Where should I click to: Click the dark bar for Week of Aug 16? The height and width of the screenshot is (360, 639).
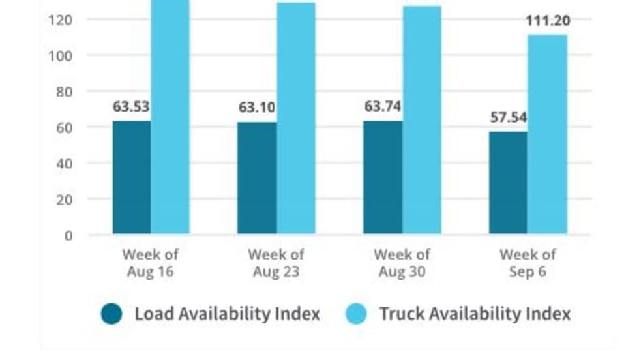click(131, 177)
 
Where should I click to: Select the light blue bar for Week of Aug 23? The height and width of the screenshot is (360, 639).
click(296, 118)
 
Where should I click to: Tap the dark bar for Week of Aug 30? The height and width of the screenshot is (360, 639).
click(383, 177)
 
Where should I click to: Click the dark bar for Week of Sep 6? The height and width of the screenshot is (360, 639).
click(508, 183)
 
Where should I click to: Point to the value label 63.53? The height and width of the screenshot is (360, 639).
click(131, 106)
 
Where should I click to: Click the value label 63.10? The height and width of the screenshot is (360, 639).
click(257, 108)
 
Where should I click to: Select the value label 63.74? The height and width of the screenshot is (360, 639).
click(383, 106)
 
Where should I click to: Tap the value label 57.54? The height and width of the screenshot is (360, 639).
click(508, 118)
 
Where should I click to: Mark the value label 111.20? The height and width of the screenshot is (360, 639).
click(548, 21)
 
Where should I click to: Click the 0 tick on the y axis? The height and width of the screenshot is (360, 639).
click(68, 235)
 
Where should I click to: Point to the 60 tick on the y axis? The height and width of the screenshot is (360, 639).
click(65, 128)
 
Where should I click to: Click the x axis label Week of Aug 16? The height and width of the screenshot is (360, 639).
click(151, 263)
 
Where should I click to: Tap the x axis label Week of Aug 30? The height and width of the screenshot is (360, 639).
click(402, 263)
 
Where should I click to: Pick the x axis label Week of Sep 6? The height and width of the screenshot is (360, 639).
click(528, 263)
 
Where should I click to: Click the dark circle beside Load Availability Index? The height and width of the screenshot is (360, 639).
click(111, 314)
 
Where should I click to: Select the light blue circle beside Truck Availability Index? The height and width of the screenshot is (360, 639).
click(355, 314)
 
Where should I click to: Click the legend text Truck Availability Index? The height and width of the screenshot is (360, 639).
click(475, 314)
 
